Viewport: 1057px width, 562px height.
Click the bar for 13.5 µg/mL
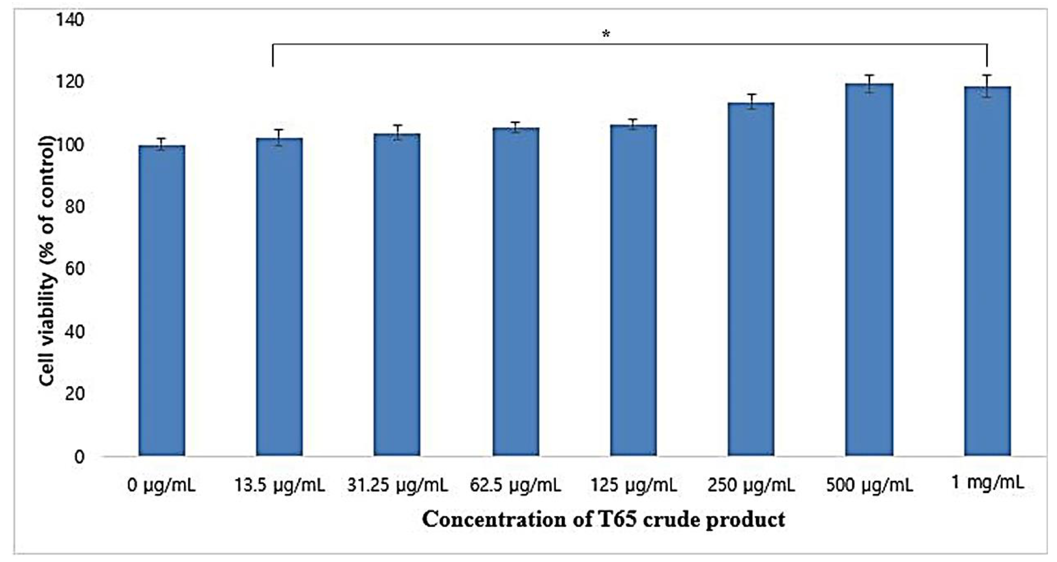[279, 297]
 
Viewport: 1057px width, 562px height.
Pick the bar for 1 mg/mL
[987, 271]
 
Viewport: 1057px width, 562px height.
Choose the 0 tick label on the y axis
[79, 456]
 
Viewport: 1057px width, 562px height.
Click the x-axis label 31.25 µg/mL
[397, 486]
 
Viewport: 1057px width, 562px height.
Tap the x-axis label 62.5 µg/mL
[515, 486]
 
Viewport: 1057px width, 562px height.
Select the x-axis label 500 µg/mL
[869, 486]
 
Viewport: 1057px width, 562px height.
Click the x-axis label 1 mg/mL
[987, 483]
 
